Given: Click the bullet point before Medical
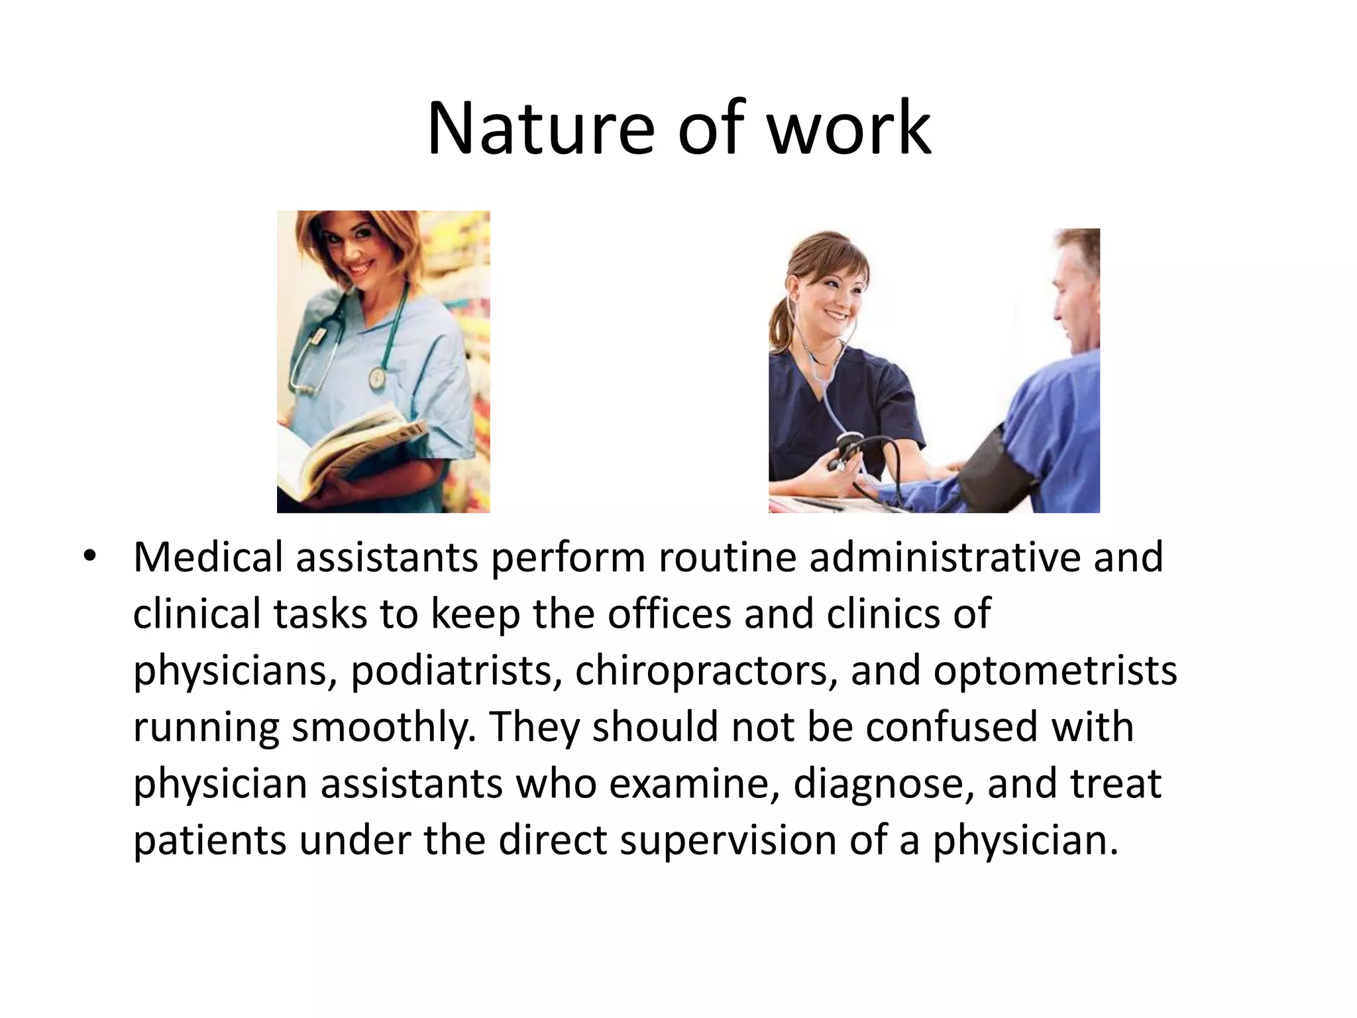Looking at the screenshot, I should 89,557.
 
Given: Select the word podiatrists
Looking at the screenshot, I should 451,671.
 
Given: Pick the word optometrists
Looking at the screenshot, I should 1055,671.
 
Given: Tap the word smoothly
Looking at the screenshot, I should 384,727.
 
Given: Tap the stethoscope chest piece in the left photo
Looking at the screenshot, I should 376,378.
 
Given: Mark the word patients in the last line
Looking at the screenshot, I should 209,840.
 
